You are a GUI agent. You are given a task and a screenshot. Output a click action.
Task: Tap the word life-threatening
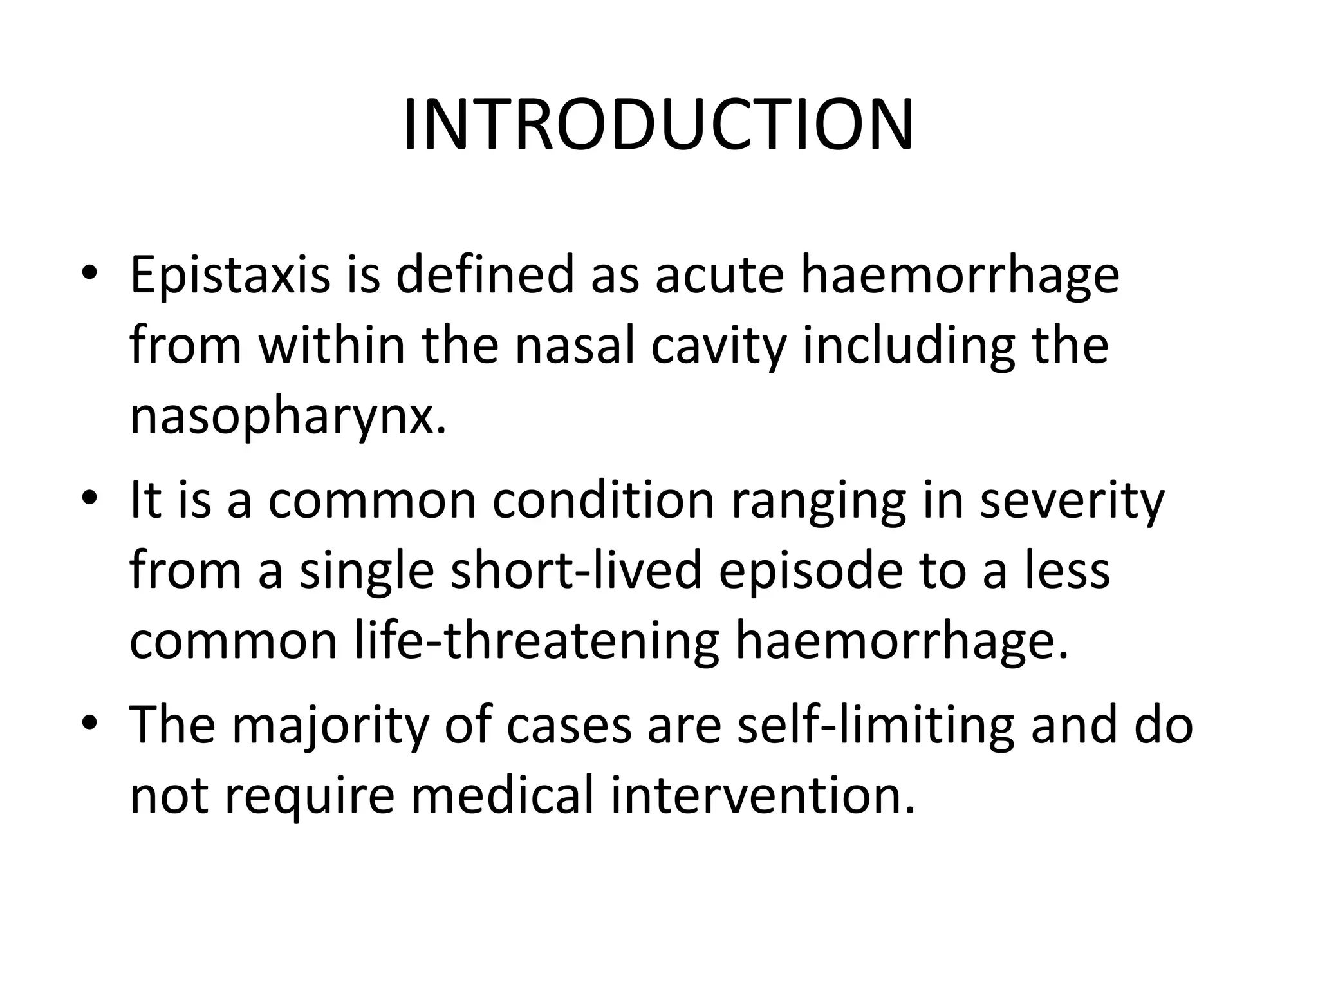click(x=537, y=642)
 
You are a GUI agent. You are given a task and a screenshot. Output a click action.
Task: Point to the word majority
click(x=329, y=726)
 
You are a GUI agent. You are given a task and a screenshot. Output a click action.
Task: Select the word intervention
click(x=762, y=796)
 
